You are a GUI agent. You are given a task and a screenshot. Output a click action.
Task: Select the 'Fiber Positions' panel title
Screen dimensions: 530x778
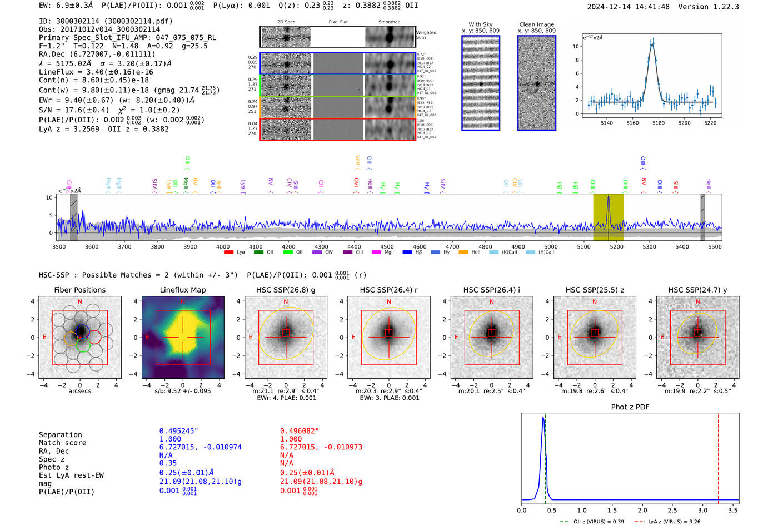pos(79,290)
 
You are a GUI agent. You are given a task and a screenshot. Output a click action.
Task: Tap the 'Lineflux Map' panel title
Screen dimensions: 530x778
pos(183,290)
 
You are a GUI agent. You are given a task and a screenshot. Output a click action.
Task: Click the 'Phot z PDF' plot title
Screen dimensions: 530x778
pos(630,407)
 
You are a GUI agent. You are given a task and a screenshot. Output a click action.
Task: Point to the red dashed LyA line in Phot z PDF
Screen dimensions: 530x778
pos(718,456)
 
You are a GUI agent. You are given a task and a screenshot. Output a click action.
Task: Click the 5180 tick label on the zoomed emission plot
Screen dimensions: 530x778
pos(659,123)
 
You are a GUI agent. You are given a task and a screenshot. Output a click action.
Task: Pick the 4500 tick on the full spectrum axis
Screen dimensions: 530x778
pos(387,247)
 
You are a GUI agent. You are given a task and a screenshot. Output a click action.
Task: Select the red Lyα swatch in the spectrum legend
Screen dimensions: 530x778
pos(228,252)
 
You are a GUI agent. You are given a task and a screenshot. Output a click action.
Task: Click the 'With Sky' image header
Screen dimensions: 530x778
pos(481,24)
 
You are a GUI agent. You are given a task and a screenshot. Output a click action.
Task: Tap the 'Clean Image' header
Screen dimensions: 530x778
pos(537,24)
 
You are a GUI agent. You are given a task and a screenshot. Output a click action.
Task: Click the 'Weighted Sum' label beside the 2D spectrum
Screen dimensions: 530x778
pos(426,35)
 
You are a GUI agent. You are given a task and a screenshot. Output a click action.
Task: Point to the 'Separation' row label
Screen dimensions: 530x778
pos(60,435)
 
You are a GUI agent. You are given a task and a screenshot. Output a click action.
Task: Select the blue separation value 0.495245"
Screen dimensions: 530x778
pos(178,431)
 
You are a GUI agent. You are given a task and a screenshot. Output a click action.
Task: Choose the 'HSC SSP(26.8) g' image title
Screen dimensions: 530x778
pos(286,290)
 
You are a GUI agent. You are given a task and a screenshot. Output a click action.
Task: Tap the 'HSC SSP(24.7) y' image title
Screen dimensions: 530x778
pos(697,290)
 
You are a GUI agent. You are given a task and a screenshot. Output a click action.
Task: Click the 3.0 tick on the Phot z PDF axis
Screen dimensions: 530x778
pos(703,510)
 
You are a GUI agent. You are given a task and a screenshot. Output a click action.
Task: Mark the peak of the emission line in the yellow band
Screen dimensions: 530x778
pos(609,196)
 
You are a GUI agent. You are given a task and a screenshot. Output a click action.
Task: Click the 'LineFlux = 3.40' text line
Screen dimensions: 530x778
pos(96,72)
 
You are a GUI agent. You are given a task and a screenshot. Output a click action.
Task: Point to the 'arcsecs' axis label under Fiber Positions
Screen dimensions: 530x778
pos(79,391)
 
